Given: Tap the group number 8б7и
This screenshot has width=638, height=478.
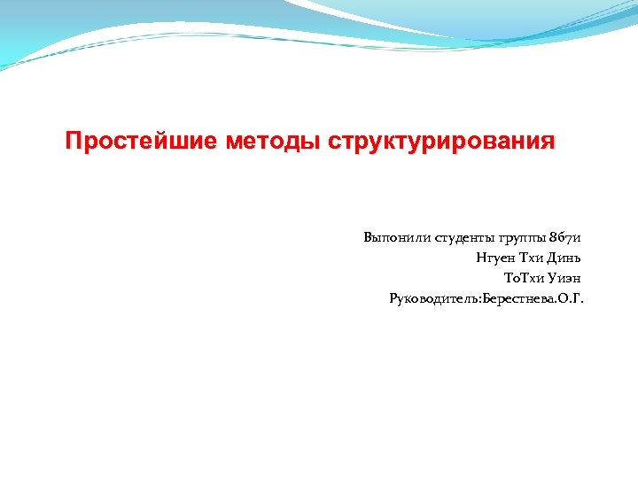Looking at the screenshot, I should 567,237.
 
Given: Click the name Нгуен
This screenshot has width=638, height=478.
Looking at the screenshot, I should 494,258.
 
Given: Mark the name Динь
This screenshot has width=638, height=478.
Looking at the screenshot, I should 568,258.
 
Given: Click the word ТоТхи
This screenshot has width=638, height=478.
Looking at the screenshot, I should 524,278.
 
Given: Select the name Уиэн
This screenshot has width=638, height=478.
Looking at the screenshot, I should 567,278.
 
